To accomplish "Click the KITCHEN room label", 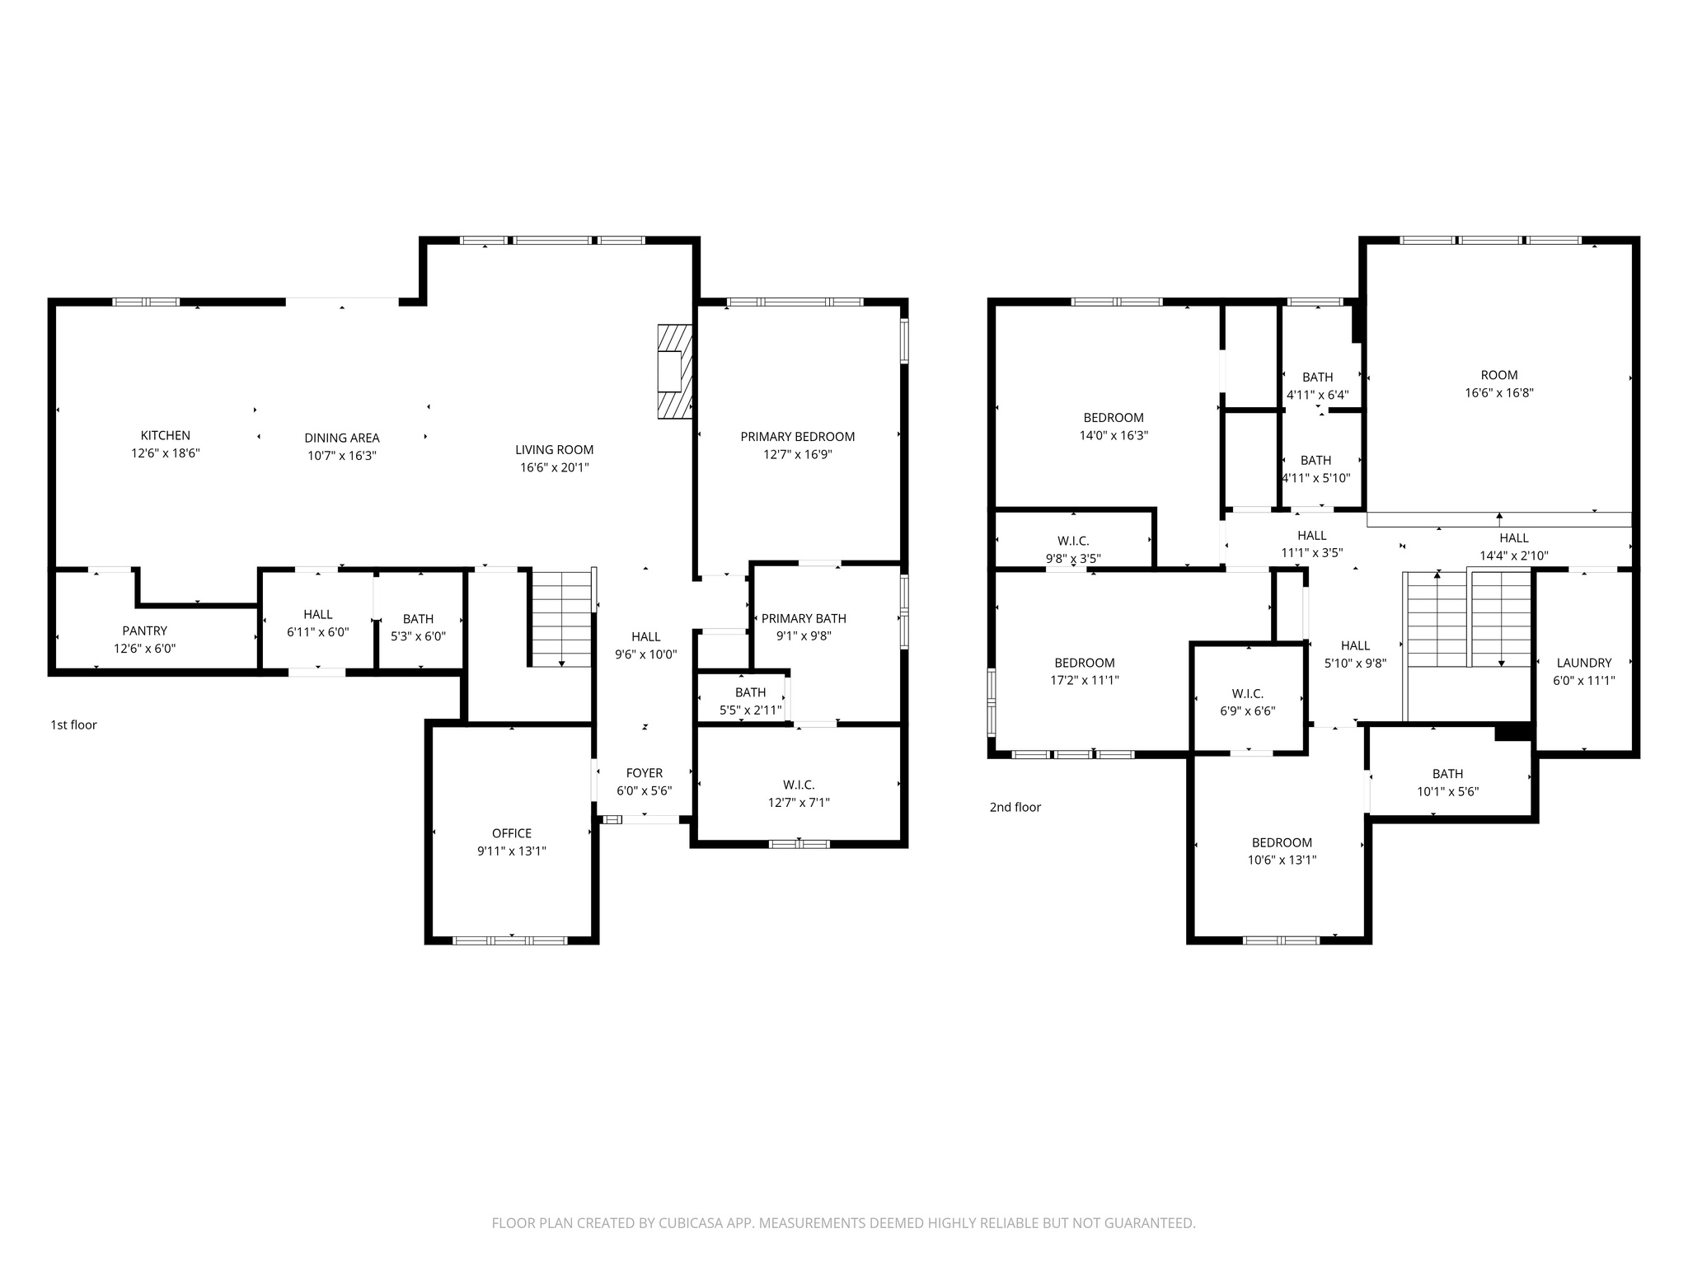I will pyautogui.click(x=165, y=435).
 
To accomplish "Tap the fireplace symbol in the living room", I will pyautogui.click(x=673, y=372).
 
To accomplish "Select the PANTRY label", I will pyautogui.click(x=144, y=631).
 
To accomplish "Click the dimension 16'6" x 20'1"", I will pyautogui.click(x=554, y=467).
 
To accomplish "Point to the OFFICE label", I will pyautogui.click(x=511, y=833).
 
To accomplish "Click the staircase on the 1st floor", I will pyautogui.click(x=560, y=617).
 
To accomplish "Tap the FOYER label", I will pyautogui.click(x=644, y=772).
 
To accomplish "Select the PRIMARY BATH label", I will pyautogui.click(x=803, y=618).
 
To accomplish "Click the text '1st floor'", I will pyautogui.click(x=73, y=724).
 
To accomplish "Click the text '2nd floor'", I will pyautogui.click(x=1015, y=807).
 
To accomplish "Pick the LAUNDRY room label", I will pyautogui.click(x=1583, y=663).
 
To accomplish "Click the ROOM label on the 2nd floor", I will pyautogui.click(x=1498, y=375).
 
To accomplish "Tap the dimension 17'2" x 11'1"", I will pyautogui.click(x=1084, y=680).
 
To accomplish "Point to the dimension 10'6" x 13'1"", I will pyautogui.click(x=1281, y=860).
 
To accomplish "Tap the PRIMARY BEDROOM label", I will pyautogui.click(x=797, y=437).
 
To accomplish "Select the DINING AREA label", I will pyautogui.click(x=341, y=438).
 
